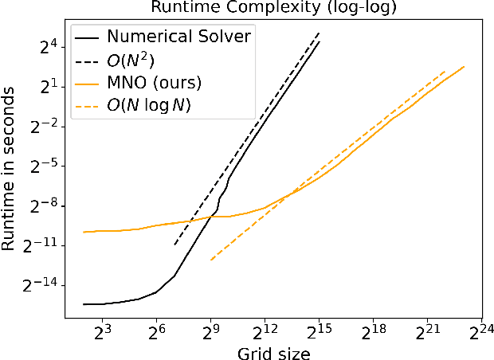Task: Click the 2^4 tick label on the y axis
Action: [48, 47]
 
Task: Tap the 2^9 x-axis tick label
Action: [210, 331]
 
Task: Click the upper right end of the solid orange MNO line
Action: [464, 66]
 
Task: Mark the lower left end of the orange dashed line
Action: [210, 260]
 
